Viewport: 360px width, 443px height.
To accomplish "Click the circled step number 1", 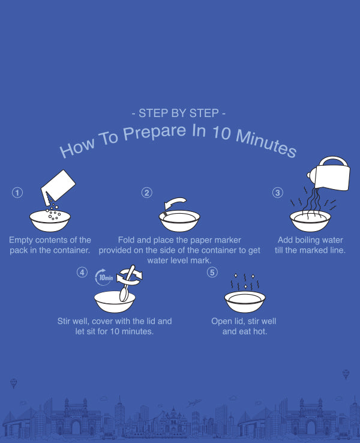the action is point(17,193).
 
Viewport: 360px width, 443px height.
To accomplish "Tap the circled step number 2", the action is point(146,193).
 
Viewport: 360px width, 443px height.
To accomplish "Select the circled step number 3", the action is point(278,193).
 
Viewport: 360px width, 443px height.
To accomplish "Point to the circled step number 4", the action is point(82,273).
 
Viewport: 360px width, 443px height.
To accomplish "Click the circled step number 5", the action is point(212,273).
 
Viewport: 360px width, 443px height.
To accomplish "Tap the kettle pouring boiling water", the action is point(329,173).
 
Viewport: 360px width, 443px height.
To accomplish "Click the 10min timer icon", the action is point(104,277).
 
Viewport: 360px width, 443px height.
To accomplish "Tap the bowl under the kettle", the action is point(310,221).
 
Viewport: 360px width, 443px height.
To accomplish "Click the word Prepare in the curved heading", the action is point(154,132).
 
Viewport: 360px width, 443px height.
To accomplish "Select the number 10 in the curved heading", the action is point(221,133).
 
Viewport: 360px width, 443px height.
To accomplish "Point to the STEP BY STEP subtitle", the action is point(178,113).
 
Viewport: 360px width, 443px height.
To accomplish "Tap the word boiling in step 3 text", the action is point(310,240).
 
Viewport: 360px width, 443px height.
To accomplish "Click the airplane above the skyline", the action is point(194,403).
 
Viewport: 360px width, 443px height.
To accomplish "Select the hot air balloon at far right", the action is point(346,374).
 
